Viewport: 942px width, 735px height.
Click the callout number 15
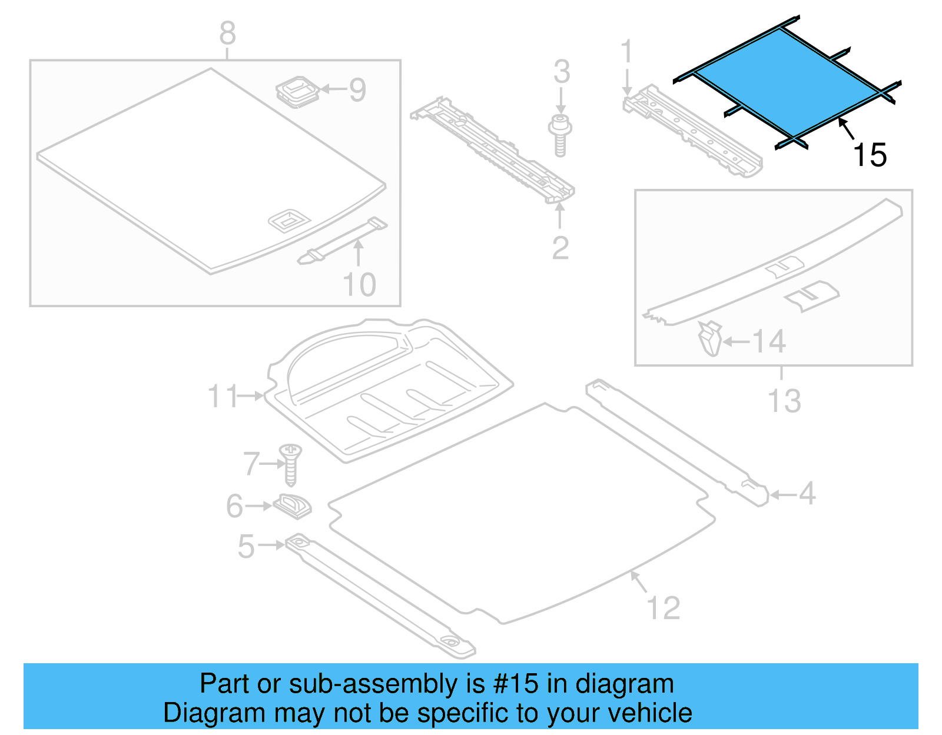(x=869, y=155)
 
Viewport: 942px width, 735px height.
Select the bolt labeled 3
(x=560, y=135)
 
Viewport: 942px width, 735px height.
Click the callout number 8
(x=228, y=34)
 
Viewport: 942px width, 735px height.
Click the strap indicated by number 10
(x=341, y=241)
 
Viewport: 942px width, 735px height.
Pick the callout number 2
(x=560, y=248)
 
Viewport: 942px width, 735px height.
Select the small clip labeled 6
(x=293, y=505)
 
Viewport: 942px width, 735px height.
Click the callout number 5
(x=246, y=546)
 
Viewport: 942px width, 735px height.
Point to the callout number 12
(x=663, y=607)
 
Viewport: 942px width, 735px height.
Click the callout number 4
(x=807, y=493)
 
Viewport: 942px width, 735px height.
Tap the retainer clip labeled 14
(x=711, y=339)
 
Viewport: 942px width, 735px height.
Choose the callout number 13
(x=784, y=401)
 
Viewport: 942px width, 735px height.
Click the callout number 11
(x=223, y=396)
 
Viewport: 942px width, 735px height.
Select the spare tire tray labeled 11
(x=389, y=388)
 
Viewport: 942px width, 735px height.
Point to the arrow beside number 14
(x=736, y=341)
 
